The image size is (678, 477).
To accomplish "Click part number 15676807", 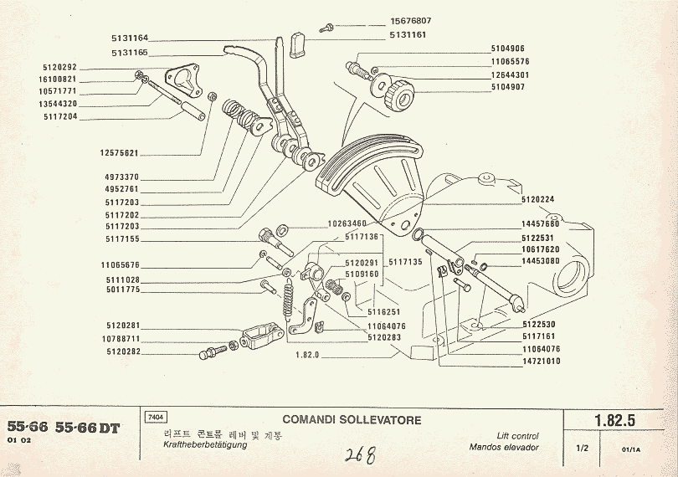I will (412, 21).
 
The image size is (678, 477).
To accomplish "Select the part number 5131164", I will (130, 38).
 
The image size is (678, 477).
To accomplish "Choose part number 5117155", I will (124, 239).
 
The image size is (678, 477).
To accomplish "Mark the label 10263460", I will (347, 224).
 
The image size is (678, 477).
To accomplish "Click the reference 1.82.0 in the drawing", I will (310, 355).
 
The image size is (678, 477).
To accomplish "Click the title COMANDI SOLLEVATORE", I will (352, 420).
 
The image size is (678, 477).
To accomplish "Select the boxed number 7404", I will (156, 417).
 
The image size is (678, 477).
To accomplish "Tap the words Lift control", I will (517, 437).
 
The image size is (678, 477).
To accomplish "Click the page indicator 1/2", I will (583, 449).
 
